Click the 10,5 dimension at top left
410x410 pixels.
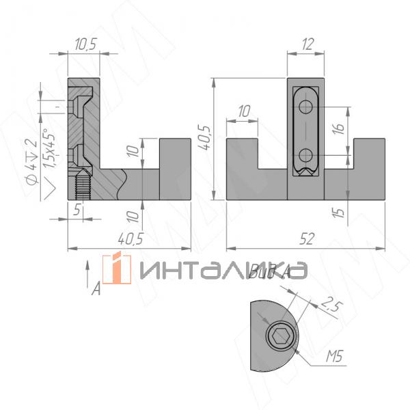[85, 44]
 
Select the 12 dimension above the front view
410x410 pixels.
[306, 44]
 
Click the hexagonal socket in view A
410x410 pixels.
[279, 336]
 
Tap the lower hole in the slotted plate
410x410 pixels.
[307, 154]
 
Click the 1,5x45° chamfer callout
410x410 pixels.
[46, 154]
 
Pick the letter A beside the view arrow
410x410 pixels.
[96, 290]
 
